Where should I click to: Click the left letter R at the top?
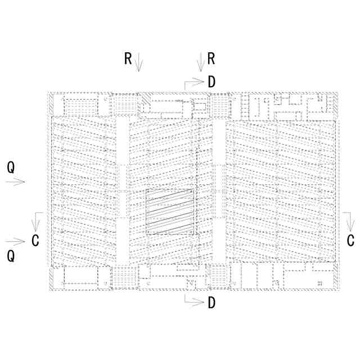tap(128, 58)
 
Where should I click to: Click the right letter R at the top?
tap(211, 58)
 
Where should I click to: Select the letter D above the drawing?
tap(211, 82)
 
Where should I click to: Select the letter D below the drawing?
tap(211, 303)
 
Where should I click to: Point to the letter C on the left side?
tap(35, 241)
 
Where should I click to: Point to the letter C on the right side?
tap(350, 241)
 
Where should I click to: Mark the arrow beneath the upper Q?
tap(16, 181)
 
